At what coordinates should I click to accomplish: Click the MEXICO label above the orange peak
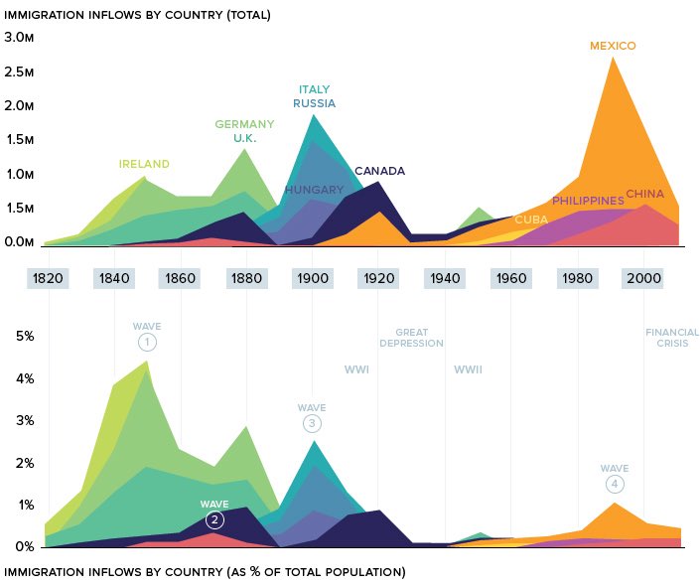tap(612, 46)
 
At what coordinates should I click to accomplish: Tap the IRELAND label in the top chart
tap(144, 164)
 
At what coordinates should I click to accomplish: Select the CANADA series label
tap(379, 171)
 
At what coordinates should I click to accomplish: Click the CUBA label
tap(531, 219)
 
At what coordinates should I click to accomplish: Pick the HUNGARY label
tap(314, 189)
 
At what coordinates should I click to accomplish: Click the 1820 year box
tap(48, 277)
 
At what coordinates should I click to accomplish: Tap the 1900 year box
tap(313, 277)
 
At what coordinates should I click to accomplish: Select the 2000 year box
tap(644, 277)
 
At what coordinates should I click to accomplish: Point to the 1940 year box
tap(445, 277)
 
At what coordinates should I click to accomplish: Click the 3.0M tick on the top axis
tap(19, 37)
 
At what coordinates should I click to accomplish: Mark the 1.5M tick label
tap(19, 140)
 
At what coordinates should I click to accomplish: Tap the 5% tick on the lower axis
tap(23, 336)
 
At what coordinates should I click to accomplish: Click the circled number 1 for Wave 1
tap(147, 343)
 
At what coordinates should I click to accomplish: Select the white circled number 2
tap(214, 520)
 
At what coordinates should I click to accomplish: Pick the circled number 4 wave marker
tap(615, 485)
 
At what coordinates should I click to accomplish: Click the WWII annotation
tap(468, 369)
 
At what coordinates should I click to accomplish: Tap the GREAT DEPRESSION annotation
tap(411, 338)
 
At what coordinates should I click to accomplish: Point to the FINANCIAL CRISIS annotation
tap(672, 338)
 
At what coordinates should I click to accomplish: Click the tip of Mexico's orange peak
tap(613, 57)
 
